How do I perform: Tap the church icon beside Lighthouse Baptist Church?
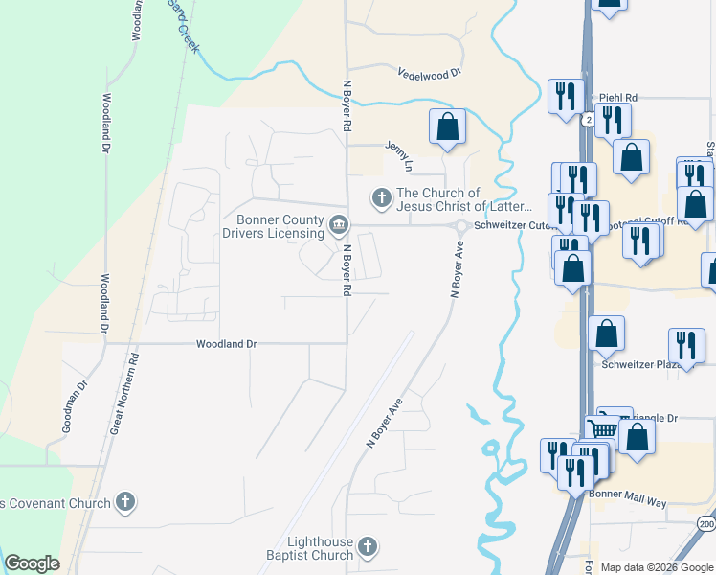tap(369, 548)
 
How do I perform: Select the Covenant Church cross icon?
tap(124, 501)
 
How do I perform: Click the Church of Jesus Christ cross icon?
tap(381, 198)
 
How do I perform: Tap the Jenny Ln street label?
tap(398, 156)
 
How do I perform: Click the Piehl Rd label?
tap(618, 98)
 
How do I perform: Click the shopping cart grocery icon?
tap(600, 428)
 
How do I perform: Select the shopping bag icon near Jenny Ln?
tap(447, 126)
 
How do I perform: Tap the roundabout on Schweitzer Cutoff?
tap(460, 227)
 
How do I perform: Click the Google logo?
tap(32, 563)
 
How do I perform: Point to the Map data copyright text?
tap(657, 567)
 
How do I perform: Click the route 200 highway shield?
tap(705, 525)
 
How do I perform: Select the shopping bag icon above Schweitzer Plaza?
tap(607, 333)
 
